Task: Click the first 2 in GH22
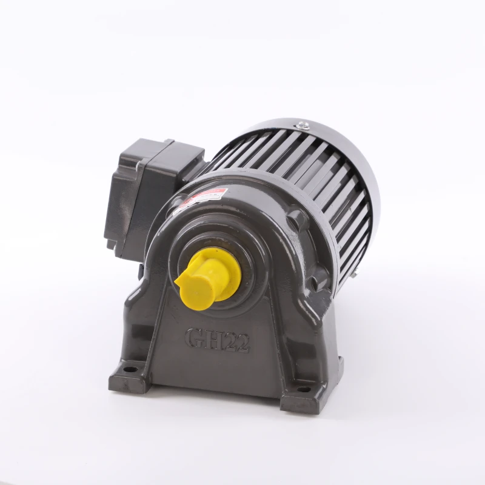[233, 343]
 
